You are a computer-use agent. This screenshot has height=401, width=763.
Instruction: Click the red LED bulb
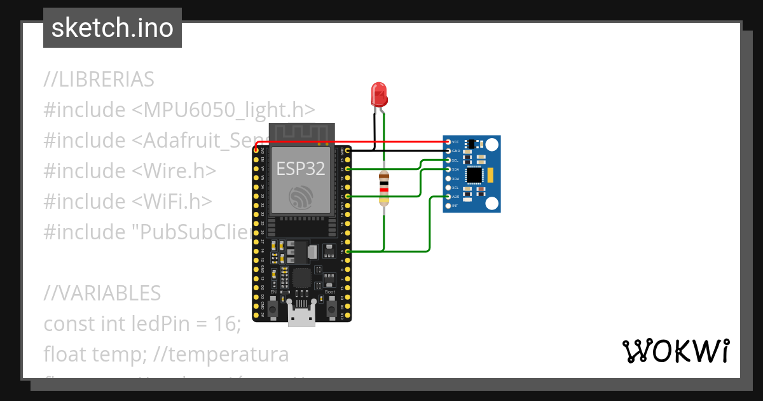[x=379, y=94]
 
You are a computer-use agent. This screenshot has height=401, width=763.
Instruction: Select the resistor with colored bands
[x=383, y=188]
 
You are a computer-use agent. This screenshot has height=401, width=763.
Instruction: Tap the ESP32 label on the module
[x=301, y=168]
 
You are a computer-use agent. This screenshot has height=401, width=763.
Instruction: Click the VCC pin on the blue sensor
[x=448, y=142]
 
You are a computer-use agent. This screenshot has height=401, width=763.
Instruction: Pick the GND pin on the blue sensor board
[x=448, y=151]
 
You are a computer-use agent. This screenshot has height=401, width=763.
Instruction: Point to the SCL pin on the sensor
[x=448, y=160]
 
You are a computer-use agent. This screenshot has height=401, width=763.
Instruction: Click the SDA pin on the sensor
[x=448, y=169]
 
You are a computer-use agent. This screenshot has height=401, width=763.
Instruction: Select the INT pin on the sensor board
[x=448, y=206]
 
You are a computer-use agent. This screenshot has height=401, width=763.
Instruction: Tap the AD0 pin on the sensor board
[x=448, y=197]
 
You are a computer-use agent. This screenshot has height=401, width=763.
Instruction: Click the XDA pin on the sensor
[x=448, y=179]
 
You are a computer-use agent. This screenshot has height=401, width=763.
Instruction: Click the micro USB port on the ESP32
[x=301, y=316]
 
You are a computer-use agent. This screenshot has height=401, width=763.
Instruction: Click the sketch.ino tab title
[x=113, y=28]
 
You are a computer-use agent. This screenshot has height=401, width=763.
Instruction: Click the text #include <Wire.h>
[x=130, y=171]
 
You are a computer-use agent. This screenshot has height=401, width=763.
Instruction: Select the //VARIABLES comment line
[x=102, y=293]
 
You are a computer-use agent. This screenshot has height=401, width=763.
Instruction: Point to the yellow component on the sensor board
[x=490, y=174]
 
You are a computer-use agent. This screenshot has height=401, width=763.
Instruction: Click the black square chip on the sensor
[x=474, y=174]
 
